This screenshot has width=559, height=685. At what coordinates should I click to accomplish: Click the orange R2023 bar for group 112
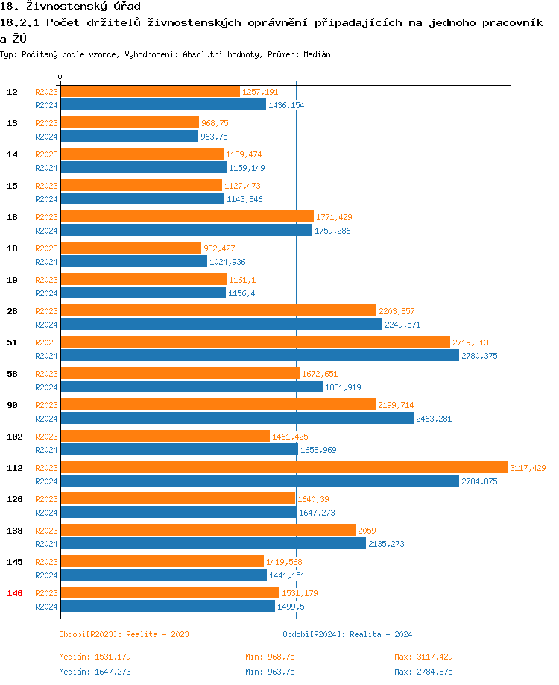pyautogui.click(x=283, y=468)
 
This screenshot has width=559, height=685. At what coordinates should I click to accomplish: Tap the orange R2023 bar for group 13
pyautogui.click(x=130, y=123)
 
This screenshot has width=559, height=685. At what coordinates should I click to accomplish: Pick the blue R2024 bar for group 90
pyautogui.click(x=237, y=419)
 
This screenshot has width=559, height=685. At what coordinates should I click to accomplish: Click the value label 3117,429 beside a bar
pyautogui.click(x=528, y=468)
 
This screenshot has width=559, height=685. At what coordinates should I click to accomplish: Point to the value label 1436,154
pyautogui.click(x=286, y=105)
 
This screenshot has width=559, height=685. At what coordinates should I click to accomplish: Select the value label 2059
pyautogui.click(x=367, y=531)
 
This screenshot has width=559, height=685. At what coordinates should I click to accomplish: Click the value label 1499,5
pyautogui.click(x=291, y=607)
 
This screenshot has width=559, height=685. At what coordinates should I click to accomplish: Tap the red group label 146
pyautogui.click(x=14, y=593)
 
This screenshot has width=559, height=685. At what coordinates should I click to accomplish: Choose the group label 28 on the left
pyautogui.click(x=12, y=311)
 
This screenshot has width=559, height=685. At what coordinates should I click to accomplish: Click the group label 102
pyautogui.click(x=14, y=437)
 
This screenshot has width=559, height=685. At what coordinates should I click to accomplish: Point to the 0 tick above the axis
pyautogui.click(x=60, y=77)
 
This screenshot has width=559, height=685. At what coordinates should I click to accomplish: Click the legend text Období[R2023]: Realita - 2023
pyautogui.click(x=124, y=634)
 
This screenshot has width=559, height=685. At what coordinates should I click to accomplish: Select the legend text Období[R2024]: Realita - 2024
pyautogui.click(x=347, y=634)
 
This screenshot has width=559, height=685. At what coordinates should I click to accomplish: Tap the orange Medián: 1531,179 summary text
pyautogui.click(x=95, y=657)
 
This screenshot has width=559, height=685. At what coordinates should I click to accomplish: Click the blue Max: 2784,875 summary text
pyautogui.click(x=423, y=672)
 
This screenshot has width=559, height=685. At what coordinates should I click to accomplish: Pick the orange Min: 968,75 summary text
pyautogui.click(x=270, y=657)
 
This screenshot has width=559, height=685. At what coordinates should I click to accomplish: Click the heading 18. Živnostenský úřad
pyautogui.click(x=70, y=7)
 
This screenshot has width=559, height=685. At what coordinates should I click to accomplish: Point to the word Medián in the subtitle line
pyautogui.click(x=317, y=54)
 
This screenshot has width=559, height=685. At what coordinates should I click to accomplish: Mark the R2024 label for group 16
pyautogui.click(x=47, y=231)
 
